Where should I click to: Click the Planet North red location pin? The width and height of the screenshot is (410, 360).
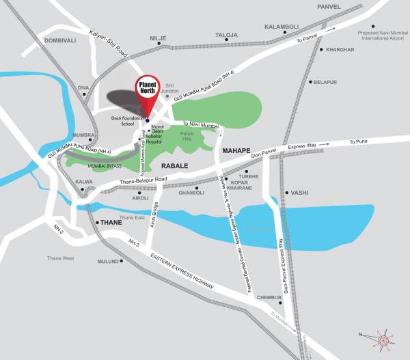point(149,95)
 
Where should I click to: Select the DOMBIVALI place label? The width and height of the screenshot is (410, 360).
point(43,41)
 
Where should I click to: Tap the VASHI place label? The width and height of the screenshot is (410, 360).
point(299,193)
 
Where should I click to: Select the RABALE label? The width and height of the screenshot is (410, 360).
point(174,165)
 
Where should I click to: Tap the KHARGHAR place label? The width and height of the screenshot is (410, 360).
point(340,50)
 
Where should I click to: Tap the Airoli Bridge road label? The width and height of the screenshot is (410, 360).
point(156,215)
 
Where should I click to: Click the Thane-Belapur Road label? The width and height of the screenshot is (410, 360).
point(143,180)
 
